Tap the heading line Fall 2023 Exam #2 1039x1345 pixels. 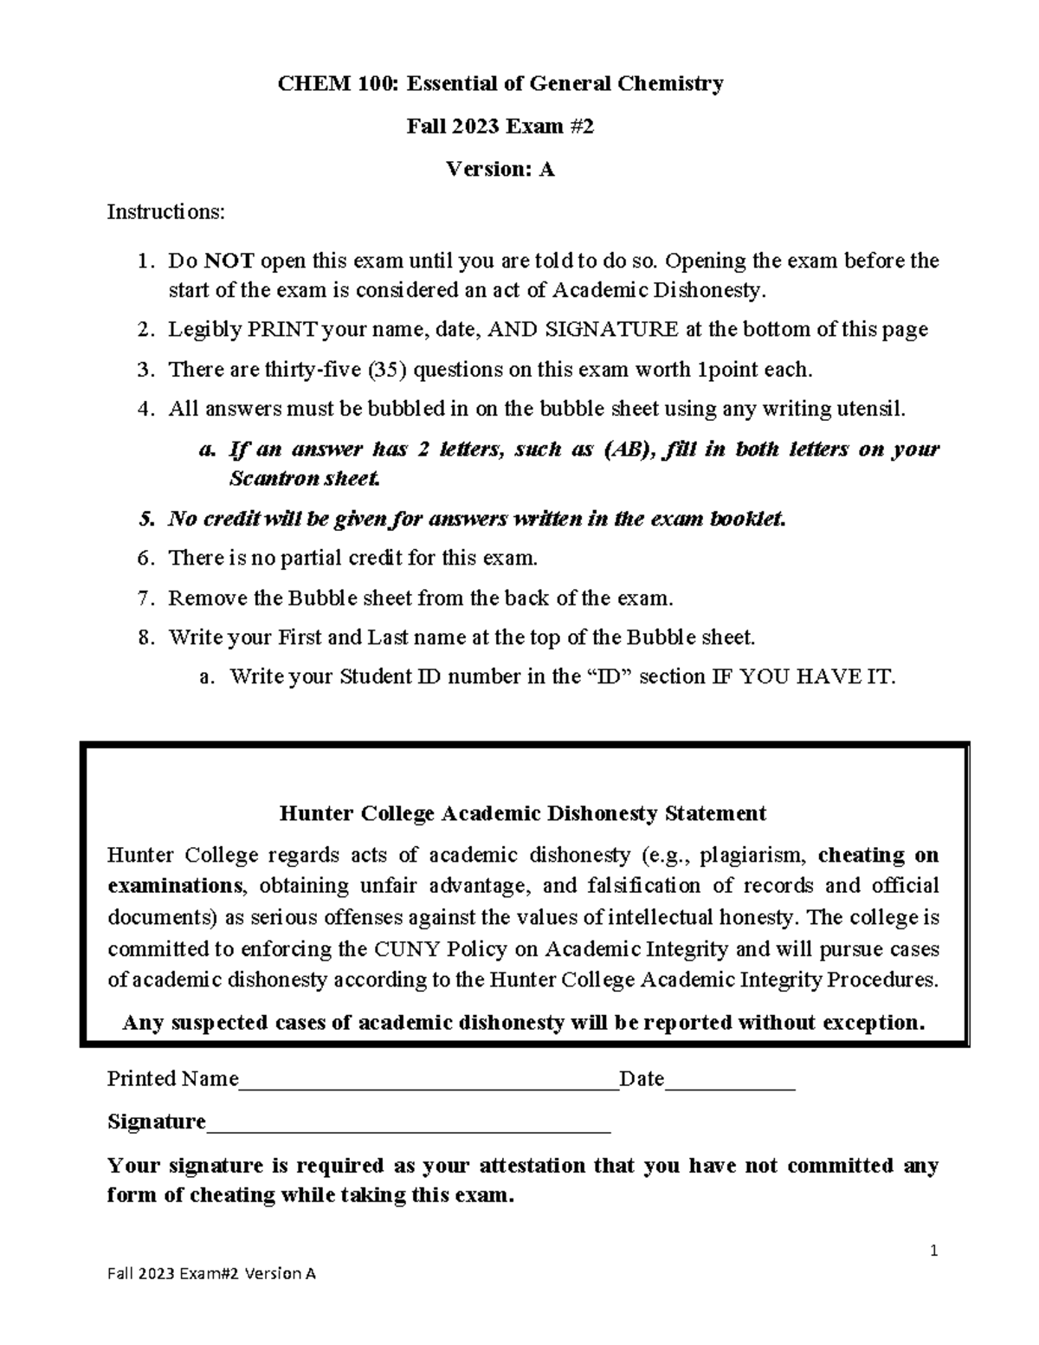click(500, 127)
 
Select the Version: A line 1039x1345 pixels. click(500, 170)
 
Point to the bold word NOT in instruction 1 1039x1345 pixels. click(229, 261)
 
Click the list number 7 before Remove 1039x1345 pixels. click(145, 598)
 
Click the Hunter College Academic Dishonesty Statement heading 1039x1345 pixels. click(522, 814)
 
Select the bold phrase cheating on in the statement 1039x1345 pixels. click(878, 856)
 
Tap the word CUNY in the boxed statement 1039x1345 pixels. click(412, 949)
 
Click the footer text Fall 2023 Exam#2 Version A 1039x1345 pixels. click(211, 1274)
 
